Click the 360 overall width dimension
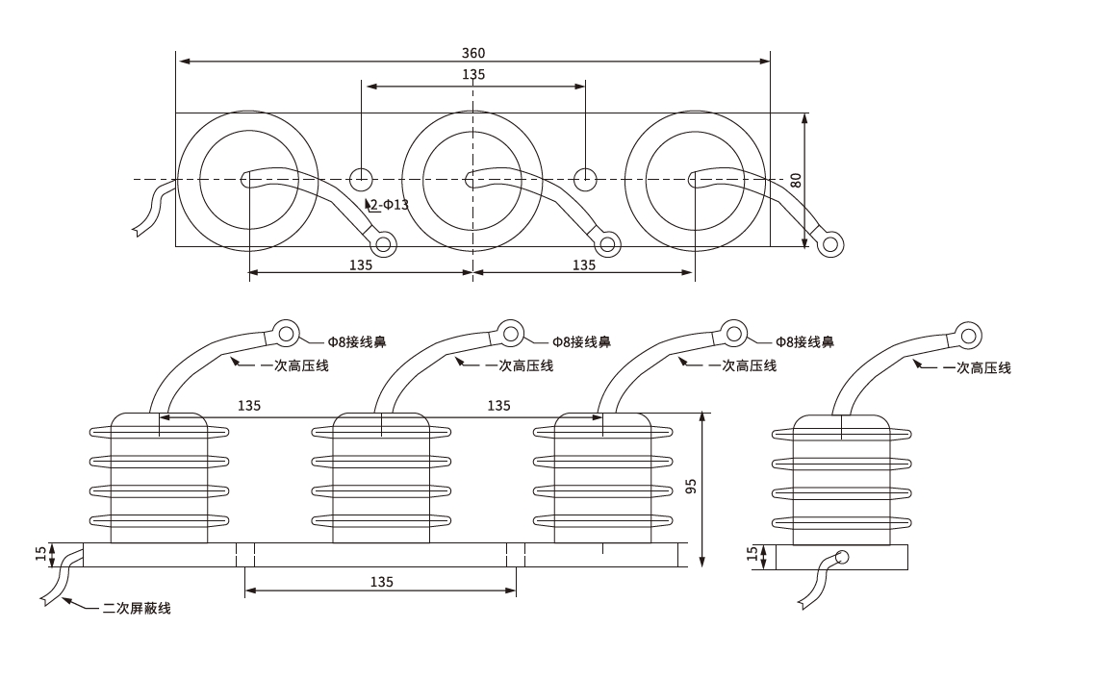(x=473, y=52)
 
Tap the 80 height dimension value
(x=796, y=180)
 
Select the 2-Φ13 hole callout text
(x=390, y=205)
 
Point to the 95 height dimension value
(x=691, y=486)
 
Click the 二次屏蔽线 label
(x=137, y=608)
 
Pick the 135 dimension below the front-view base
(x=381, y=582)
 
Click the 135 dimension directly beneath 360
(x=473, y=75)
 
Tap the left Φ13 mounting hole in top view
(x=361, y=179)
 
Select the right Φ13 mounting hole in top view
(x=585, y=179)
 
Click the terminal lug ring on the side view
(x=968, y=336)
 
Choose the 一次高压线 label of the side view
(x=977, y=367)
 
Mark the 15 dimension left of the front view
(x=40, y=554)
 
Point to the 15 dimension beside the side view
(x=752, y=555)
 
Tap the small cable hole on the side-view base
(x=842, y=557)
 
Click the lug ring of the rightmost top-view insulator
(x=830, y=243)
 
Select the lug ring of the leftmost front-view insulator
(x=286, y=332)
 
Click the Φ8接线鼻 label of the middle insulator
(x=582, y=341)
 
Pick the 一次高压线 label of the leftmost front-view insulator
(x=295, y=365)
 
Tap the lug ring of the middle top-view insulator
(x=607, y=243)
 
